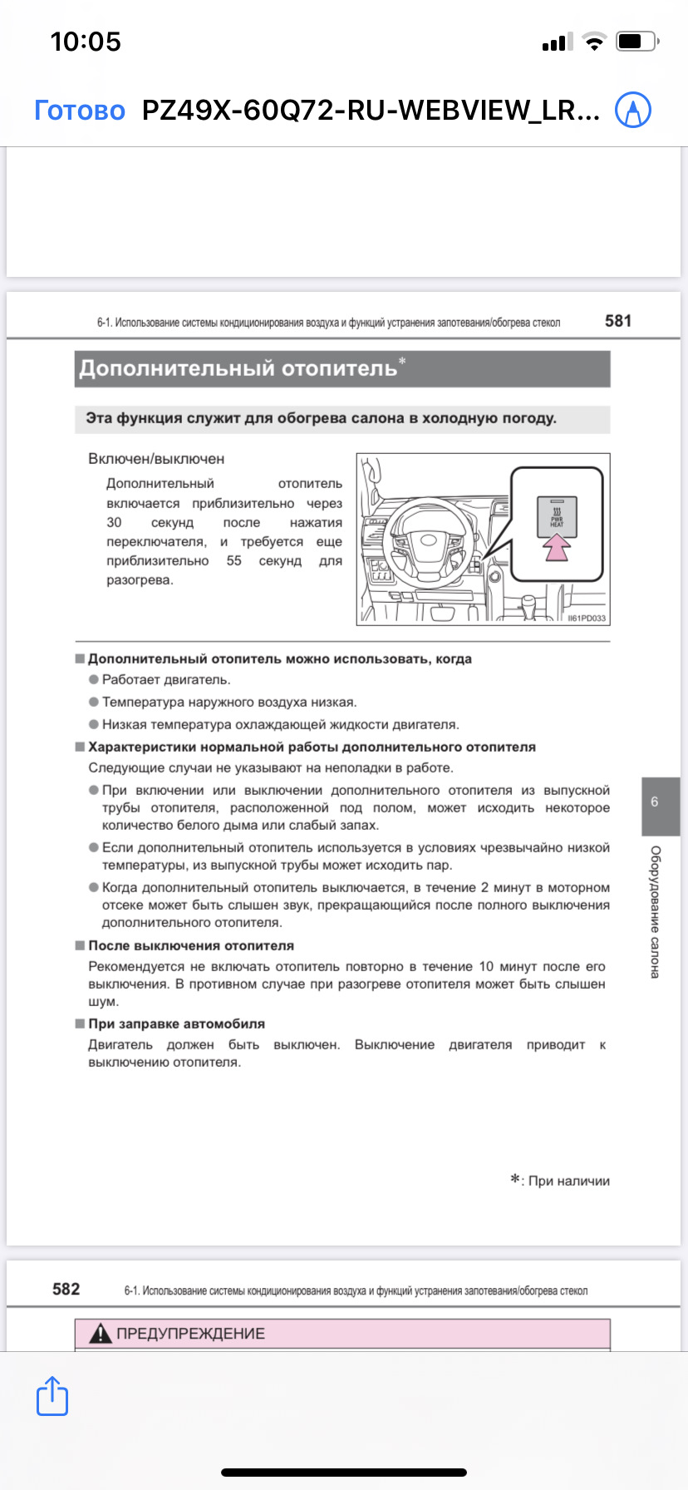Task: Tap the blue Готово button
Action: tap(80, 111)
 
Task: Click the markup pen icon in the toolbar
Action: tap(632, 110)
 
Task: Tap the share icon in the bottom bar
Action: tap(52, 1396)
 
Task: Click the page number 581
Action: tap(618, 321)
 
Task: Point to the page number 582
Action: tap(66, 1290)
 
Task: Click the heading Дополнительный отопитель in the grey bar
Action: tap(238, 368)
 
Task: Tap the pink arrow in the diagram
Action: tap(557, 546)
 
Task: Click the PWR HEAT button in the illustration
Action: tap(557, 514)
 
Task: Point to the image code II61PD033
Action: tap(587, 619)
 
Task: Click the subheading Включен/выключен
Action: tap(156, 459)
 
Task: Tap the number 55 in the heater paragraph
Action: tap(234, 561)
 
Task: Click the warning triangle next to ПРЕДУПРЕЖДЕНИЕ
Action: tap(101, 1334)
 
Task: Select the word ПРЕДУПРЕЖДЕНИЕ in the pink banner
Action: tap(190, 1334)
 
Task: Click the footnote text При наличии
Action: tap(568, 1181)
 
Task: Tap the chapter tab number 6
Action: tap(655, 802)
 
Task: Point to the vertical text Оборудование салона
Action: tap(656, 911)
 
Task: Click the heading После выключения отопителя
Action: tap(191, 946)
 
